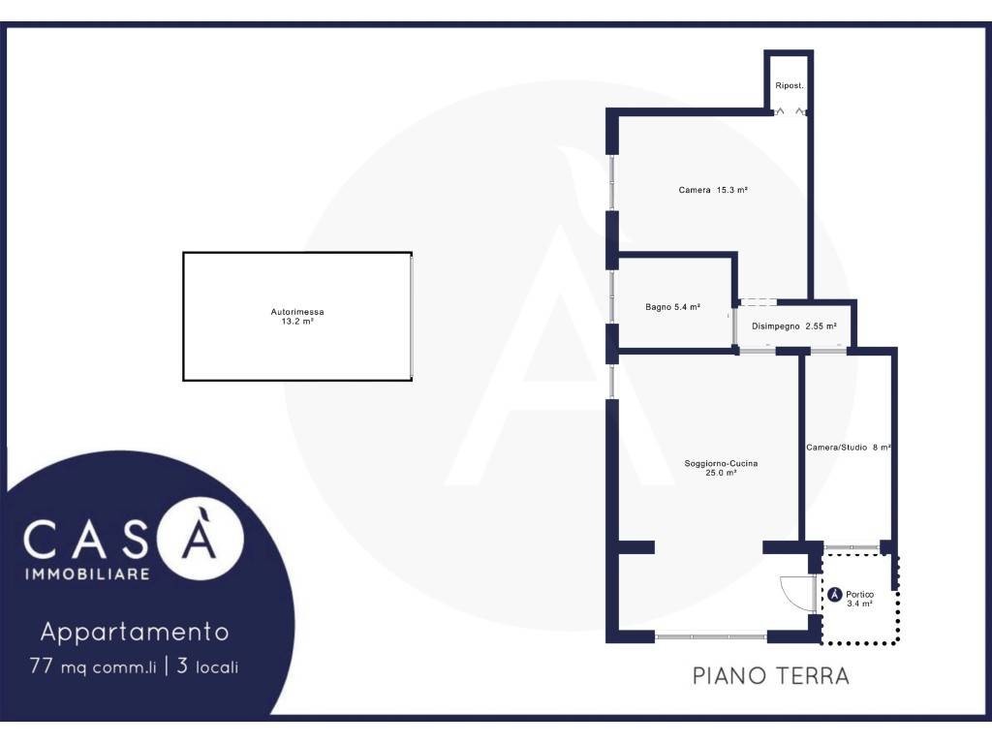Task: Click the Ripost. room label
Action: click(x=789, y=85)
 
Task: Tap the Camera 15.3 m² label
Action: click(x=713, y=190)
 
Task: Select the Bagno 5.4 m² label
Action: click(x=672, y=307)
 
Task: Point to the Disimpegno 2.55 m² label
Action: click(x=794, y=326)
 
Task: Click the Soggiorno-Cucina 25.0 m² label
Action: click(x=721, y=468)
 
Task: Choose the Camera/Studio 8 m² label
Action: click(x=849, y=448)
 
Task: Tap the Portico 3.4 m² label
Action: click(x=860, y=599)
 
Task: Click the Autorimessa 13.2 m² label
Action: click(x=297, y=317)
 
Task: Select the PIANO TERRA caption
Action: click(x=770, y=675)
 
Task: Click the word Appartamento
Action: click(x=135, y=632)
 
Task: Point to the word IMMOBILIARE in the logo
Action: click(x=87, y=573)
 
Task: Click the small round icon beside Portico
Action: click(x=834, y=595)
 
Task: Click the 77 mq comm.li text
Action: click(x=92, y=666)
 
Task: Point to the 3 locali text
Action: click(x=207, y=666)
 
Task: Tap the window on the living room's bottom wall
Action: click(x=710, y=635)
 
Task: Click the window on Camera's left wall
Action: click(x=612, y=182)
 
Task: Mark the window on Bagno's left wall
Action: click(x=612, y=296)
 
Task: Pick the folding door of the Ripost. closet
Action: click(x=790, y=112)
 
